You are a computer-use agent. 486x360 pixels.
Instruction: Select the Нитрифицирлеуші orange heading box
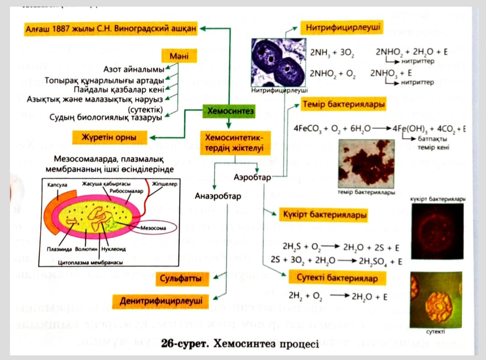pos(342,28)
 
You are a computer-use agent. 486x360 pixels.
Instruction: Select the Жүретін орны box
pos(110,137)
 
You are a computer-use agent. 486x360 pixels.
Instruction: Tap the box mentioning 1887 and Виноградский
pos(111,29)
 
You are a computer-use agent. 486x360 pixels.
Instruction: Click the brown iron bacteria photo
pos(366,164)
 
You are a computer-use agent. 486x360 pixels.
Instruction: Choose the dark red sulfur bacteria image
pos(437,230)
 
